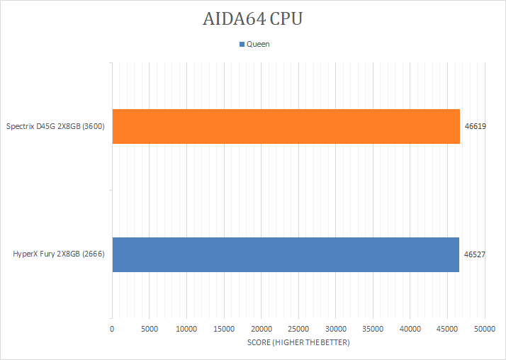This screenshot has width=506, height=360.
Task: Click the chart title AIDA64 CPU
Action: (x=252, y=19)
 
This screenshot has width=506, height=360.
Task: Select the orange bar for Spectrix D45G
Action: (x=286, y=126)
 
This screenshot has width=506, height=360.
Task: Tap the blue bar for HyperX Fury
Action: (x=286, y=254)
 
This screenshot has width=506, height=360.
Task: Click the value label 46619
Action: (x=475, y=126)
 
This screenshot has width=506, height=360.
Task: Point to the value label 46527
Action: (x=475, y=254)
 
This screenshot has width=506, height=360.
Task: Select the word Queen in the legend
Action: (x=258, y=44)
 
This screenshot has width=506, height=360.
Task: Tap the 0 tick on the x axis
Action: (x=112, y=329)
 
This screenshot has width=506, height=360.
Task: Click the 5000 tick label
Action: (x=149, y=329)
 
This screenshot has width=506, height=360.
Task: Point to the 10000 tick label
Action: (x=186, y=329)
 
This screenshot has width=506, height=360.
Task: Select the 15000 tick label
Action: (x=224, y=329)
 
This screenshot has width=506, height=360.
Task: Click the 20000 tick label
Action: (x=261, y=329)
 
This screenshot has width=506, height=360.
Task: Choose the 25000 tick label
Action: (x=298, y=329)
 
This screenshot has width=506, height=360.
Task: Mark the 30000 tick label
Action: (x=335, y=329)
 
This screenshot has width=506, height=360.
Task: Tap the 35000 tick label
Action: (x=373, y=329)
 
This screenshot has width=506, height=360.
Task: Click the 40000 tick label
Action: (x=410, y=329)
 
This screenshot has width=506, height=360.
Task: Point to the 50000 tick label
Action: (x=485, y=329)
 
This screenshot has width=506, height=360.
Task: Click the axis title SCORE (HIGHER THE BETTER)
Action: (x=298, y=343)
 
